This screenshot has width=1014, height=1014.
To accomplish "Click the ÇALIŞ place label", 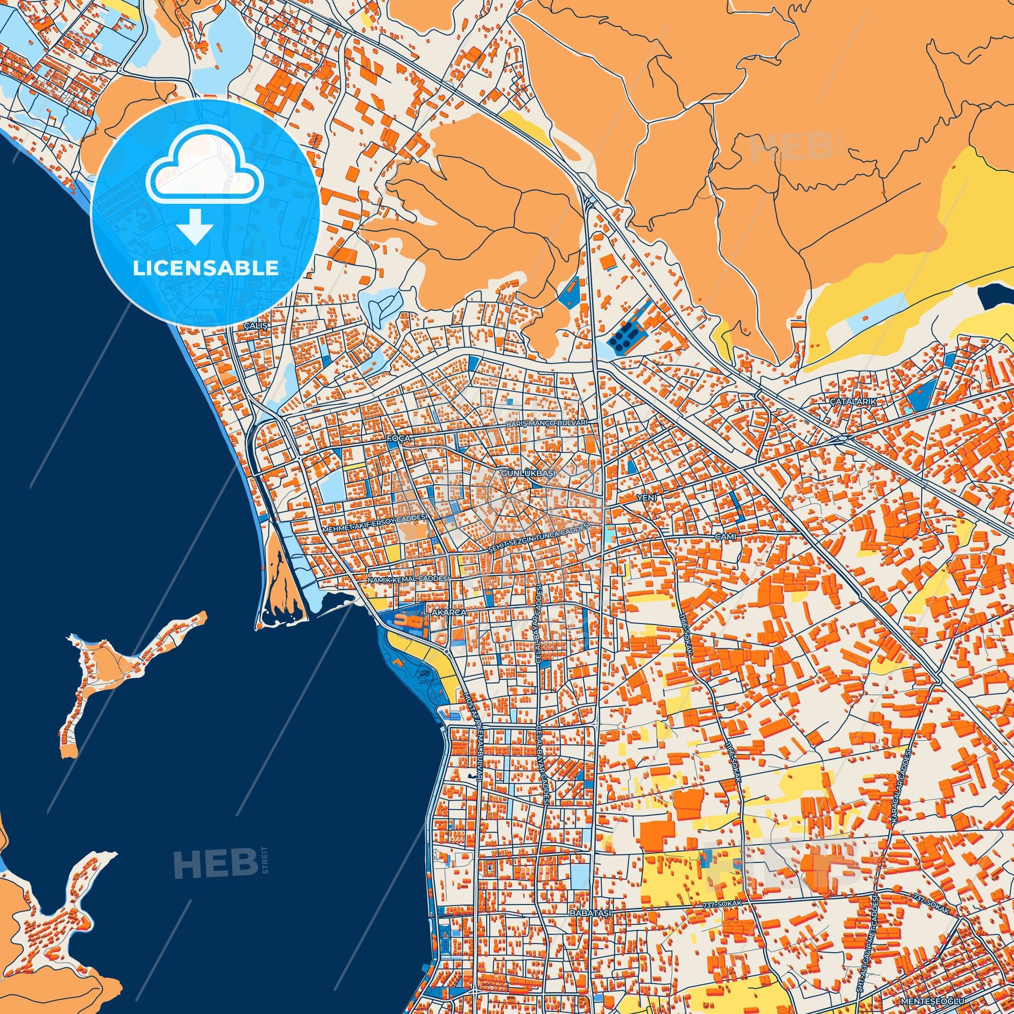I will pyautogui.click(x=256, y=326).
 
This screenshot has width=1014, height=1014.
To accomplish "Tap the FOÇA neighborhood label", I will pyautogui.click(x=397, y=437).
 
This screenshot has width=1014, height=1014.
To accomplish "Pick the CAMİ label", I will pyautogui.click(x=726, y=536).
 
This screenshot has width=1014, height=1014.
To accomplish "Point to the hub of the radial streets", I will pyautogui.click(x=509, y=495).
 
